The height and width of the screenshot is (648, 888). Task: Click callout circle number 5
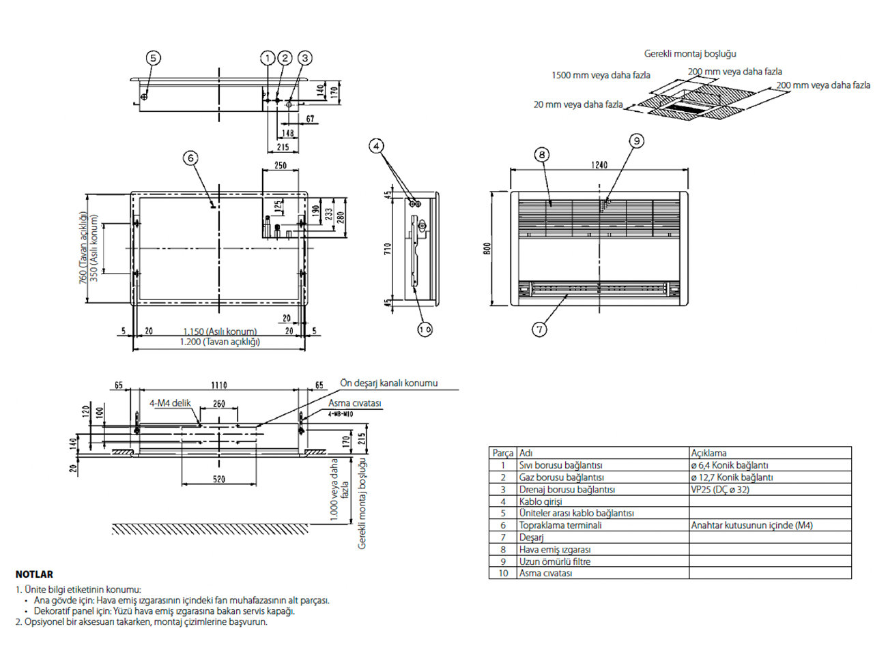(x=154, y=58)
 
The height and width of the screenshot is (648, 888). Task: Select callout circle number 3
(x=305, y=58)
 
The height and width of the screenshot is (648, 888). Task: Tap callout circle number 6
(x=190, y=158)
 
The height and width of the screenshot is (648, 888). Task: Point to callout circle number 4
(x=376, y=146)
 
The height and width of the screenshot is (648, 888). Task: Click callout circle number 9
(x=637, y=141)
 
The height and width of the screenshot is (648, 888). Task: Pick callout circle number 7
(x=539, y=329)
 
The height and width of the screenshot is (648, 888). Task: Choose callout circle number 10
(x=425, y=329)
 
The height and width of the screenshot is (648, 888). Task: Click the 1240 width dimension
(x=599, y=165)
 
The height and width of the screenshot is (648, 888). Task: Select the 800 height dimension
(x=487, y=248)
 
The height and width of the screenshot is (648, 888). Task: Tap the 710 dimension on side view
(x=388, y=249)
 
